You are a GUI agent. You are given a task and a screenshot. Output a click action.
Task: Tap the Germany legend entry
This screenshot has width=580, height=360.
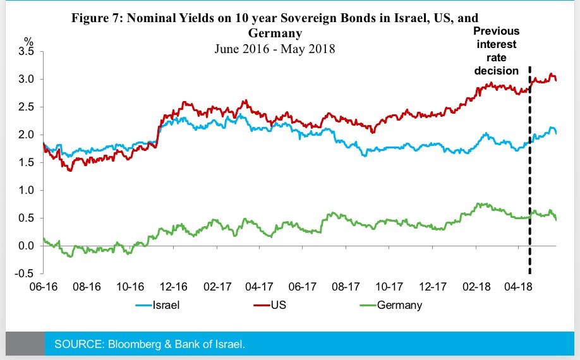[x=399, y=306]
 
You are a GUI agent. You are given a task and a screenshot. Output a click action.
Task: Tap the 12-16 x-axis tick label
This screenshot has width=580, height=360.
[x=174, y=287]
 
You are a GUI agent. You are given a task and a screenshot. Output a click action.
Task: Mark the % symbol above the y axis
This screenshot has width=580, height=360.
[x=28, y=42]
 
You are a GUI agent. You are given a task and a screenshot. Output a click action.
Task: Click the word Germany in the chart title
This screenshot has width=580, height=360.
[x=275, y=32]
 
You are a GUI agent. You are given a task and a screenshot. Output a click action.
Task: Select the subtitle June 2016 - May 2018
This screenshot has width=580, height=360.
[x=275, y=49]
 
